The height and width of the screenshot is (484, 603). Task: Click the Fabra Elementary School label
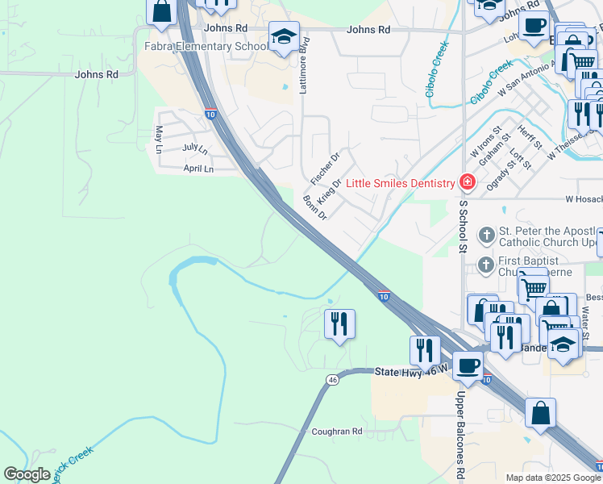pos(206,46)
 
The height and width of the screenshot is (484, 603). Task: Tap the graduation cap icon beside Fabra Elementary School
pos(284,37)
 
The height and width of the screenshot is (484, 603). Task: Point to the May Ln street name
pos(160,139)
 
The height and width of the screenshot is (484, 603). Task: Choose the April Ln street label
pos(198,169)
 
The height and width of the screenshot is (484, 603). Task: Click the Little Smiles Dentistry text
pos(401,183)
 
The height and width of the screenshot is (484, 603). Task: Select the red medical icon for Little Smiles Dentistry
pos(466,183)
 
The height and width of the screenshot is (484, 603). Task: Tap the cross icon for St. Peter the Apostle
pos(486,236)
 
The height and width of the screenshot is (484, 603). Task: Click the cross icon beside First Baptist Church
pos(486,265)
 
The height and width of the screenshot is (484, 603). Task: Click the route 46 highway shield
pos(332,379)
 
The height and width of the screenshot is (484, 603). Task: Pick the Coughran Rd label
pos(337,432)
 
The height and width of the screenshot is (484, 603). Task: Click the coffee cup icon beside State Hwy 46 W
pos(468,365)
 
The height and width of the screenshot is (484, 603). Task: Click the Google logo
pos(27,474)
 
